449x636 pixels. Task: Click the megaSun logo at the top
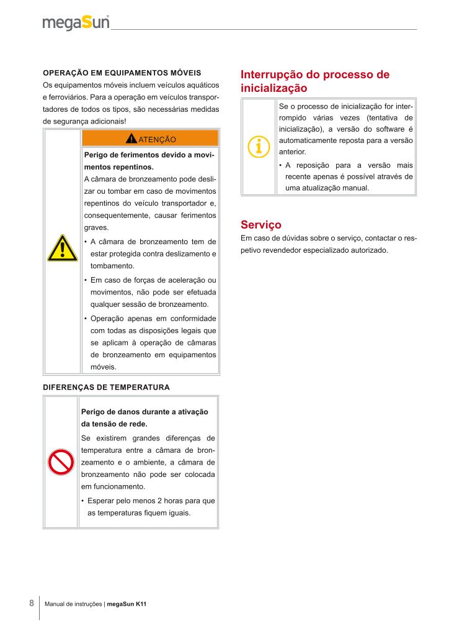(x=76, y=23)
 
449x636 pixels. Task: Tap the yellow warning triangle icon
(x=62, y=248)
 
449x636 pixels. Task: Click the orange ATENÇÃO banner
(x=150, y=138)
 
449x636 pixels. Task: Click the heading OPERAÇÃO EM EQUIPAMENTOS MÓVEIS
(x=122, y=72)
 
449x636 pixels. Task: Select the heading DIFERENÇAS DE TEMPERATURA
(x=106, y=387)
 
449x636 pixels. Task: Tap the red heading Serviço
(x=260, y=224)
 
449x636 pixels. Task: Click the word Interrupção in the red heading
(x=270, y=75)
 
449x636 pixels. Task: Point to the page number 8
(x=32, y=603)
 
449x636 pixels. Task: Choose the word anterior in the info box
(x=292, y=152)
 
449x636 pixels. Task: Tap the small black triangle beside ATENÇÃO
(x=131, y=138)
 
